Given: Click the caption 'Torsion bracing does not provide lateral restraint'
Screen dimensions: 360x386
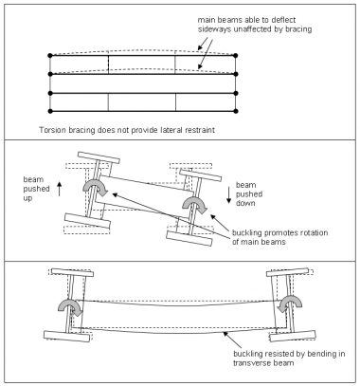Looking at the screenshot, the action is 127,130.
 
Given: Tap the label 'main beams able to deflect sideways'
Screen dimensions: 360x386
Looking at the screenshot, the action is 255,25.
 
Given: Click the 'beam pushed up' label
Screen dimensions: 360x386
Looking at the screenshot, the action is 36,189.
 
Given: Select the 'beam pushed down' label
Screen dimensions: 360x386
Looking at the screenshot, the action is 249,193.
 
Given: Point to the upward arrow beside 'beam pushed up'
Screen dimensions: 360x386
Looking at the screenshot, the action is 59,189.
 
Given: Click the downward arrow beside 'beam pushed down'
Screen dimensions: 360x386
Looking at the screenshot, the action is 228,195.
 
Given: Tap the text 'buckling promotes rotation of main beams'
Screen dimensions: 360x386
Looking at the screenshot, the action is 279,237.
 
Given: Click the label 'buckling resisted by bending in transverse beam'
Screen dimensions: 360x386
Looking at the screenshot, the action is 289,358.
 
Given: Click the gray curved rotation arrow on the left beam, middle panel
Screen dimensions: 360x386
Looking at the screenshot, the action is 95,188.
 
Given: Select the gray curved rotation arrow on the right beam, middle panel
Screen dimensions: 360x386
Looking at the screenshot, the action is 194,203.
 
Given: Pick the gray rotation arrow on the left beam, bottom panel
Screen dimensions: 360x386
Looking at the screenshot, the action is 70,305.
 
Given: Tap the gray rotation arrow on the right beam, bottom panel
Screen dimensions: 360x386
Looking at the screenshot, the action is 291,303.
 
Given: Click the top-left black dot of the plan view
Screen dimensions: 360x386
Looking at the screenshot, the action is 50,56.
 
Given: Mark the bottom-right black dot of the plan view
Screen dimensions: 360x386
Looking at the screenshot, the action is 235,111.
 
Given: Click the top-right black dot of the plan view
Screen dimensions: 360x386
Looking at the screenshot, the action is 235,56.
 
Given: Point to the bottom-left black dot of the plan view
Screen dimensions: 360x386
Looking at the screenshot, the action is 50,111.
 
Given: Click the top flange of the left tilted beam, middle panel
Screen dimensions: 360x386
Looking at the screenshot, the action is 99,157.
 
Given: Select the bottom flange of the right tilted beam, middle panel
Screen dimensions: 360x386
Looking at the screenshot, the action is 189,238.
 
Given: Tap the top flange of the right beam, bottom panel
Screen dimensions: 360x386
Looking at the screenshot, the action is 287,272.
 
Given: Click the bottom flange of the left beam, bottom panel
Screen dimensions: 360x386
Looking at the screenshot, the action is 67,337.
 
